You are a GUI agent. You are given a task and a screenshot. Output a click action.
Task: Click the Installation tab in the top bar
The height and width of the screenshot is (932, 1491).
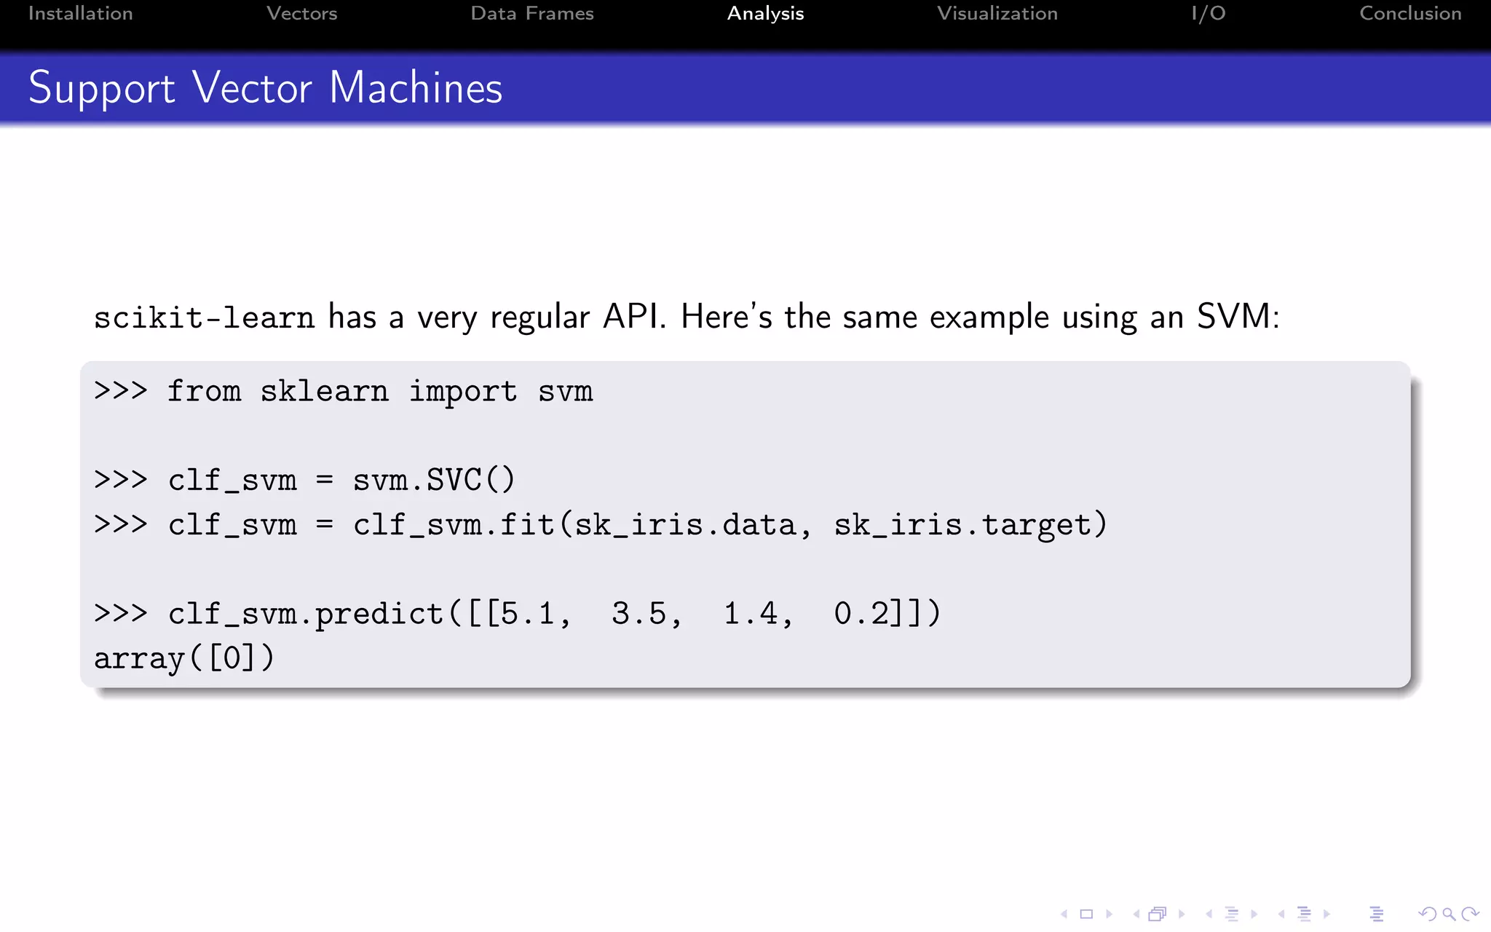coord(80,14)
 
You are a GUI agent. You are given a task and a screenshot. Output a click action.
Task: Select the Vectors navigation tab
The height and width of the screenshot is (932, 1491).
coord(301,14)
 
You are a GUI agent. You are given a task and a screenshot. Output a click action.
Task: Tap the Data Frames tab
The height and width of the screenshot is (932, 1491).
coord(532,14)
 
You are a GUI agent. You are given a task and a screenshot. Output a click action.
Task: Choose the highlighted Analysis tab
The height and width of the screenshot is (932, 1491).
coord(765,14)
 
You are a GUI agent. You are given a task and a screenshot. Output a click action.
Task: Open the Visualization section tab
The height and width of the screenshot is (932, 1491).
coord(997,14)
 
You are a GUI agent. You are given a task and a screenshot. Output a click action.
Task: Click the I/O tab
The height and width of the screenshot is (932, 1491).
coord(1209,14)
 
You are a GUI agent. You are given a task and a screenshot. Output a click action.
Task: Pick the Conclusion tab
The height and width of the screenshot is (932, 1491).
coord(1410,14)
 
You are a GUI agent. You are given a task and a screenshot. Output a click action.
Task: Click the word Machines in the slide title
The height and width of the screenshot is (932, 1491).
coord(416,88)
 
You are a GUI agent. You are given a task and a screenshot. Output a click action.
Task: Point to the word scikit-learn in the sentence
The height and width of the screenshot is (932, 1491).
coord(204,317)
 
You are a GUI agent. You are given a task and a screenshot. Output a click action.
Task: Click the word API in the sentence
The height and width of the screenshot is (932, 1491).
coord(633,317)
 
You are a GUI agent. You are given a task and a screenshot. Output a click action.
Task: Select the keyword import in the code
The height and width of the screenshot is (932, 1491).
coord(463,392)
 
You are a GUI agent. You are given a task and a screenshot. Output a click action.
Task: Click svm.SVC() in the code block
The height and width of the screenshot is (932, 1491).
coord(434,481)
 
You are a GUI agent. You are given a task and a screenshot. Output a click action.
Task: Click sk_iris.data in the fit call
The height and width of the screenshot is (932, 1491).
coord(686,525)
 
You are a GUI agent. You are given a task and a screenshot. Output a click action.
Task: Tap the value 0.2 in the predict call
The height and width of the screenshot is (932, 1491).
coord(861,614)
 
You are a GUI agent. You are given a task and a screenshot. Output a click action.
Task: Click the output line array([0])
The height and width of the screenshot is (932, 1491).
coord(184,658)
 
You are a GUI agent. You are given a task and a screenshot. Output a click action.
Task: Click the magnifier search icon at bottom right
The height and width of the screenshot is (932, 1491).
coord(1449,914)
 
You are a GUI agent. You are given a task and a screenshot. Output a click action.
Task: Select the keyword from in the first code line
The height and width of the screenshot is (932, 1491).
coord(204,392)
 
